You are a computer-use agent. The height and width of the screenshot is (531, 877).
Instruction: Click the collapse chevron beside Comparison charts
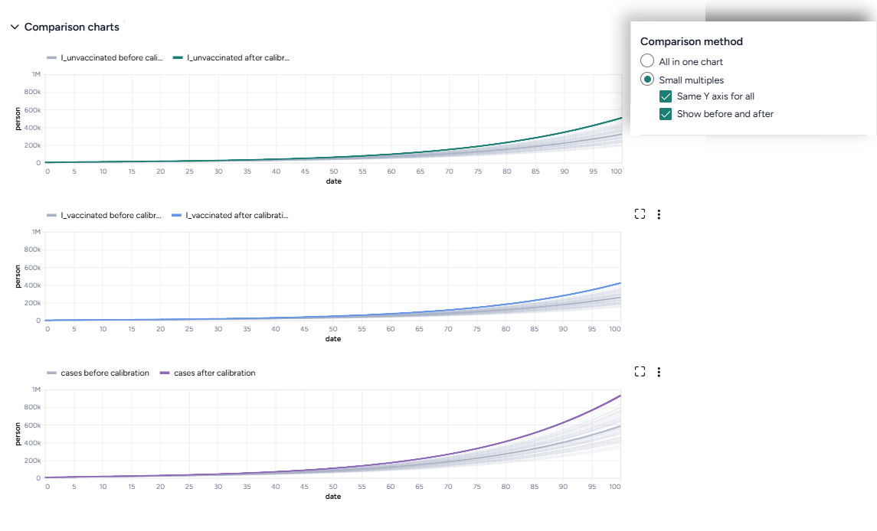coord(14,27)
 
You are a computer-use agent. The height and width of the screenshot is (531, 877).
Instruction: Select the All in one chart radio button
coord(647,61)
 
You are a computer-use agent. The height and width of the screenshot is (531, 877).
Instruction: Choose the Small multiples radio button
coord(647,80)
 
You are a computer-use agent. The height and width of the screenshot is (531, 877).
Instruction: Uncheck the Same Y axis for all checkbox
coord(666,96)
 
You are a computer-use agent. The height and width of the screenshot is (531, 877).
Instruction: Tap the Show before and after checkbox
coord(666,114)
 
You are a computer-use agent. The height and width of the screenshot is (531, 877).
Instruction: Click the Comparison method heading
coord(691,41)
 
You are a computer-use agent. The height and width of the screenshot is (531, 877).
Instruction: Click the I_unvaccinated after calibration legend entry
coord(231,57)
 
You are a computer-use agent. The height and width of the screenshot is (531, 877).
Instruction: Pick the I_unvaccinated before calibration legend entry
coord(105,57)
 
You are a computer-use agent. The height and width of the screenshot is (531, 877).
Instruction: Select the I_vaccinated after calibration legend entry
coord(231,215)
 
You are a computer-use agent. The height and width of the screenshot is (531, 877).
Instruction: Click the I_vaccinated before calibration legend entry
coord(105,215)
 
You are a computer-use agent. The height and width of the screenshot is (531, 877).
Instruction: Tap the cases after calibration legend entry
coord(208,373)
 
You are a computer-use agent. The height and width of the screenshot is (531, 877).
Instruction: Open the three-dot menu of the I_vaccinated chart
coord(659,214)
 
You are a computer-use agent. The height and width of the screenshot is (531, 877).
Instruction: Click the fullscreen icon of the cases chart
coord(640,372)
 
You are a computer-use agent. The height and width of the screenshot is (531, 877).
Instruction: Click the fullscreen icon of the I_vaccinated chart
coord(640,214)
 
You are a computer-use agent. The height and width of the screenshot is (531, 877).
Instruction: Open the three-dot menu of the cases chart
coord(659,372)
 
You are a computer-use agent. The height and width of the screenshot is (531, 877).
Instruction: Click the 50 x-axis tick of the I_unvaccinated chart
coord(333,171)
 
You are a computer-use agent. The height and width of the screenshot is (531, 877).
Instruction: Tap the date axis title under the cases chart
coord(333,497)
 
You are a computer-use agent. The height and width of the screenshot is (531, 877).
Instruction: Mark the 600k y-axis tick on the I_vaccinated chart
coord(32,268)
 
